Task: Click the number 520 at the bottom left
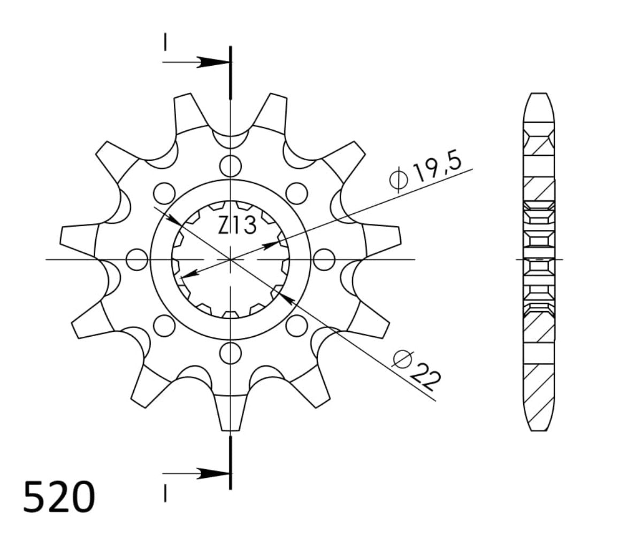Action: coord(59,497)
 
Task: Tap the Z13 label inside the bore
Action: coord(237,226)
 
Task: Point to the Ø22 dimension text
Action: coord(417,369)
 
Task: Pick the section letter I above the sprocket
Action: coord(166,43)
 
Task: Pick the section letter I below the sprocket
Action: coord(166,495)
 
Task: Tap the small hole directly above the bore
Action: coord(231,166)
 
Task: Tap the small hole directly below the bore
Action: coord(231,352)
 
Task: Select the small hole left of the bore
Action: coord(136,260)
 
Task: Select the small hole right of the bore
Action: coord(324,260)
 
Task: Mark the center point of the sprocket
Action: coord(231,260)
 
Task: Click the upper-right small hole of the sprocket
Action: coord(297,192)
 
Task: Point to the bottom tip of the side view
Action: coord(538,429)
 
